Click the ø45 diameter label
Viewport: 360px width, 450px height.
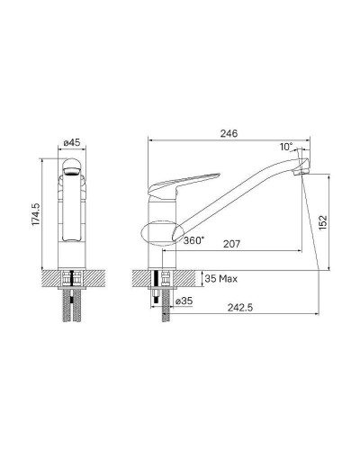click(x=74, y=141)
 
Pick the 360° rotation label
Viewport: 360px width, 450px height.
click(x=192, y=240)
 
